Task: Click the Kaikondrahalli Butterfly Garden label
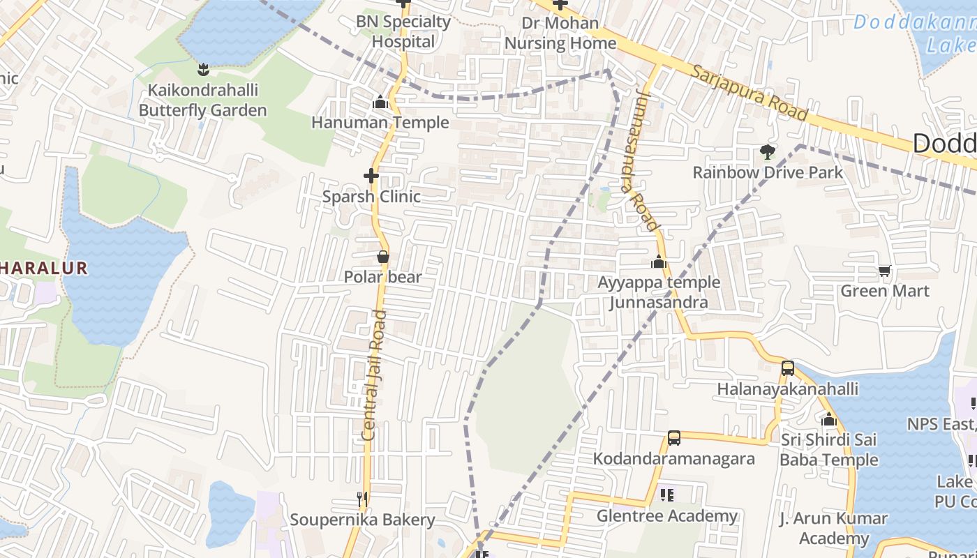point(202,100)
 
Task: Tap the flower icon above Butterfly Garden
point(203,69)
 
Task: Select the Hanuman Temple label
point(380,122)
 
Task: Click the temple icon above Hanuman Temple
point(380,103)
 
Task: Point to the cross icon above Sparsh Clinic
point(371,176)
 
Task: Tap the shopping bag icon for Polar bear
point(382,257)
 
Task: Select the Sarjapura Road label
point(749,92)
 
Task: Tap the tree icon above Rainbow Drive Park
point(768,152)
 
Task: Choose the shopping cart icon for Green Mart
point(884,271)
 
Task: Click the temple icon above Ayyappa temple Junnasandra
point(658,262)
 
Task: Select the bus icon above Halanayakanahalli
point(787,368)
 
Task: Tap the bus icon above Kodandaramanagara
point(673,438)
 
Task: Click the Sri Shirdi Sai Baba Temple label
point(828,450)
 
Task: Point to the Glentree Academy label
point(666,516)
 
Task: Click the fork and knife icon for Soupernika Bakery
point(362,499)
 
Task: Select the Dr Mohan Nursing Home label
point(560,33)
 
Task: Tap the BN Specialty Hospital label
point(403,31)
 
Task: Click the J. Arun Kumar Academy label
point(833,529)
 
